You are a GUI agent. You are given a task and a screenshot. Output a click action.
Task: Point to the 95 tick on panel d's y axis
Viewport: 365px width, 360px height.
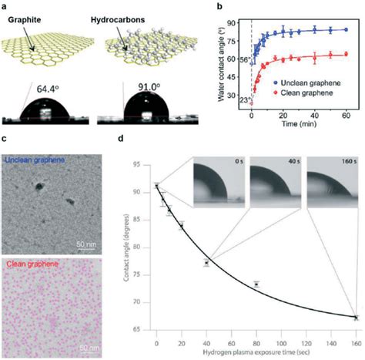click(146, 165)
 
